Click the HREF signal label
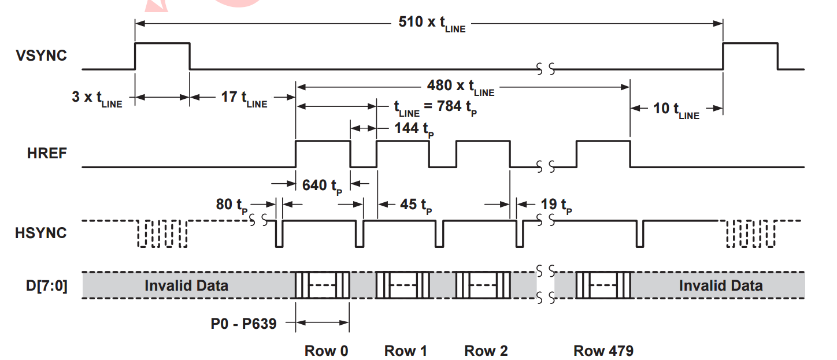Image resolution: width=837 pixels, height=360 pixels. (x=47, y=154)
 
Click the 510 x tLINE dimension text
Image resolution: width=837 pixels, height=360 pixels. (x=432, y=24)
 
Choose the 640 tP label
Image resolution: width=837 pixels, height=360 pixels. (x=322, y=185)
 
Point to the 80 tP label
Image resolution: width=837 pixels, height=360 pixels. (x=234, y=205)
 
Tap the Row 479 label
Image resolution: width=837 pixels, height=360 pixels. (x=603, y=350)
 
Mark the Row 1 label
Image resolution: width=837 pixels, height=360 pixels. (x=406, y=350)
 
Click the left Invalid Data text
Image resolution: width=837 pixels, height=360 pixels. (x=186, y=285)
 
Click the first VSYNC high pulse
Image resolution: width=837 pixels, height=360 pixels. (x=162, y=44)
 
